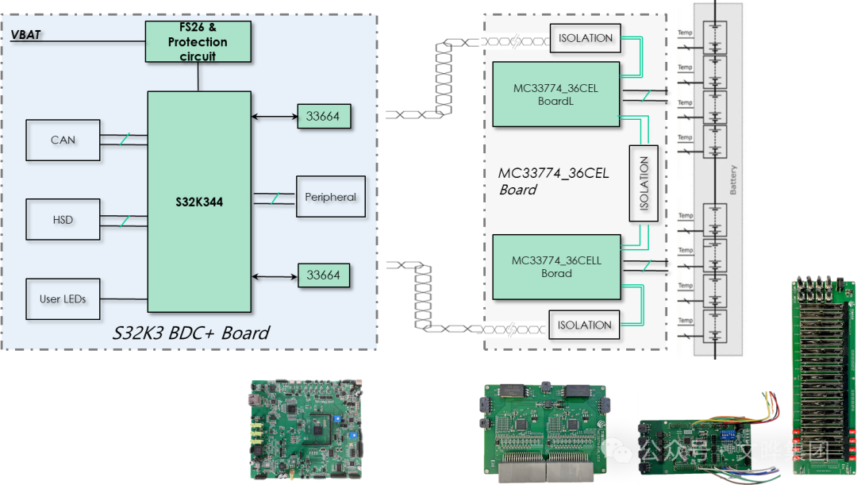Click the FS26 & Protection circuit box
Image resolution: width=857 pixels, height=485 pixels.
click(198, 41)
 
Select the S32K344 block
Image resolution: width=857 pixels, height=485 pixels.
click(199, 202)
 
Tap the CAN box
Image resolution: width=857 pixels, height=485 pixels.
click(63, 140)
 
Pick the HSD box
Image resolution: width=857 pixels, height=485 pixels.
click(63, 219)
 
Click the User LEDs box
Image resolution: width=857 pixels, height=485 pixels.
click(63, 299)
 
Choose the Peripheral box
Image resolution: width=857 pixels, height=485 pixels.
click(330, 197)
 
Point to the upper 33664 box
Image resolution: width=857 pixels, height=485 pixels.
click(323, 116)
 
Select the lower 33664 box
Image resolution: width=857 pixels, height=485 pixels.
click(323, 275)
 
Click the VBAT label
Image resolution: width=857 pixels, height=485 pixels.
click(25, 35)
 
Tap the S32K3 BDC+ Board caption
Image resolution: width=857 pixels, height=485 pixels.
click(191, 333)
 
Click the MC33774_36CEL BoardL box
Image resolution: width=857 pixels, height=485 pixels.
click(555, 94)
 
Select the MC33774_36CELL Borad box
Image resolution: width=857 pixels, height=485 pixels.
click(555, 267)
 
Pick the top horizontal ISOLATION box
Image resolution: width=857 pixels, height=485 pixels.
click(585, 38)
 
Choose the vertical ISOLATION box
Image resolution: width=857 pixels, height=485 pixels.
click(644, 183)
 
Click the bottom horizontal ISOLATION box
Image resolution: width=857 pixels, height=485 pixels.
click(584, 325)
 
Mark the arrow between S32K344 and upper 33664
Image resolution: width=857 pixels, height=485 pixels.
click(275, 117)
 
